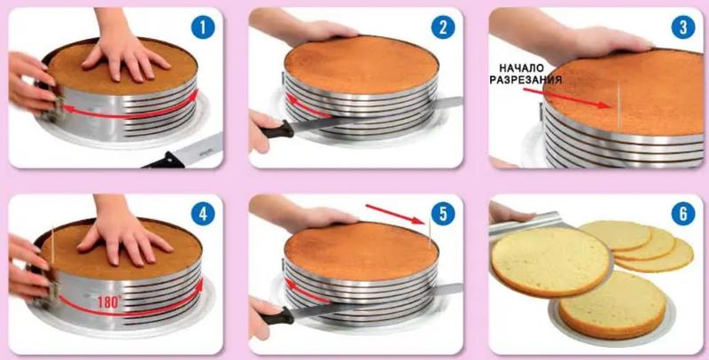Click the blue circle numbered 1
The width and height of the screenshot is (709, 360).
203,27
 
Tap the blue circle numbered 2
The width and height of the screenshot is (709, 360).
442,27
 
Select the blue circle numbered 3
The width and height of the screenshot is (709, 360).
682,27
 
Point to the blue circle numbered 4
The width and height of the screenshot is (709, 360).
203,214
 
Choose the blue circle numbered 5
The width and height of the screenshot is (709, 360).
442,214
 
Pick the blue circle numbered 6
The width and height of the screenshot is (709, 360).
682,214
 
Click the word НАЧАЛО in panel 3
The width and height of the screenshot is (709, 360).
521,68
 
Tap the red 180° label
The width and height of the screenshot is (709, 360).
110,301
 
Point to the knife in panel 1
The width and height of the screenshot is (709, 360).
183,152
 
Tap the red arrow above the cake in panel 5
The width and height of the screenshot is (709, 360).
394,214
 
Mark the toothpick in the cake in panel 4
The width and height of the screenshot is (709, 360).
52,244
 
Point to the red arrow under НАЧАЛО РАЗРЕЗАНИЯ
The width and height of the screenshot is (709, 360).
567,98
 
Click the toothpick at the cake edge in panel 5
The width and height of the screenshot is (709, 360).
428,234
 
